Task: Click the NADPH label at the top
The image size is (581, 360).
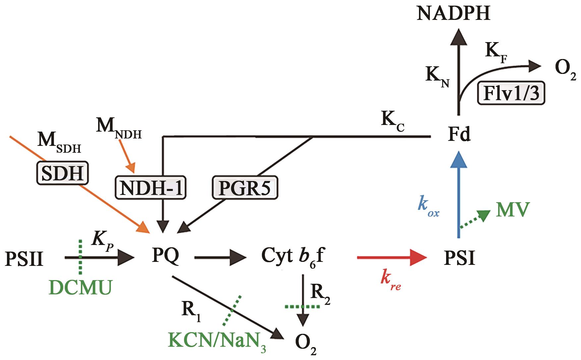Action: click(453, 14)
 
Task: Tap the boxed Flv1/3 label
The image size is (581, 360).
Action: click(511, 93)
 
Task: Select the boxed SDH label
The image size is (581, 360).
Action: click(62, 173)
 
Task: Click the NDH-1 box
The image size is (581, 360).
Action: click(151, 188)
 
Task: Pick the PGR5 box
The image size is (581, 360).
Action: click(245, 188)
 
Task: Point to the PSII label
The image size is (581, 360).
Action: click(24, 259)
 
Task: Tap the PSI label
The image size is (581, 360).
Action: click(459, 258)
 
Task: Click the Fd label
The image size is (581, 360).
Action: click(459, 135)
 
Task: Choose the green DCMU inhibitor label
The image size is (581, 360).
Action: click(80, 287)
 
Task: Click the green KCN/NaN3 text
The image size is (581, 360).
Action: click(217, 340)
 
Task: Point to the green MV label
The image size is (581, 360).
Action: click(512, 210)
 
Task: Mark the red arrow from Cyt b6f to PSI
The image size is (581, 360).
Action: click(391, 257)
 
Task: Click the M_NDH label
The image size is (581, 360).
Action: click(118, 128)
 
